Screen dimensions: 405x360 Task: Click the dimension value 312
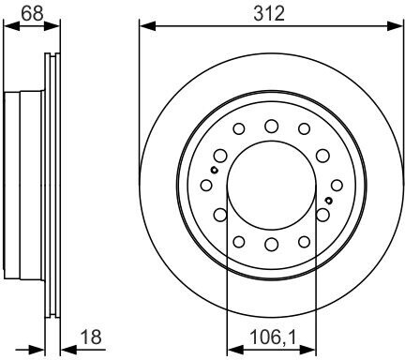(269, 14)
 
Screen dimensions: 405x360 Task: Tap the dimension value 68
(32, 13)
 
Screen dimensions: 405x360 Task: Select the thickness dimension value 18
(91, 337)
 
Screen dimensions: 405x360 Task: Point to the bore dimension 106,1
(273, 337)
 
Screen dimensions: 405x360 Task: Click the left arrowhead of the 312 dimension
(148, 26)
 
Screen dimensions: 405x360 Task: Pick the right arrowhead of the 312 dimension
(395, 26)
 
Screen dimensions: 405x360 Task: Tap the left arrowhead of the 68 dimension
(11, 26)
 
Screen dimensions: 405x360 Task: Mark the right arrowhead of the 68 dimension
(52, 26)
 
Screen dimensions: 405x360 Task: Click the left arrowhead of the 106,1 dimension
(235, 350)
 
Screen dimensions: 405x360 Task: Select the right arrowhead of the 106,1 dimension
(307, 350)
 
